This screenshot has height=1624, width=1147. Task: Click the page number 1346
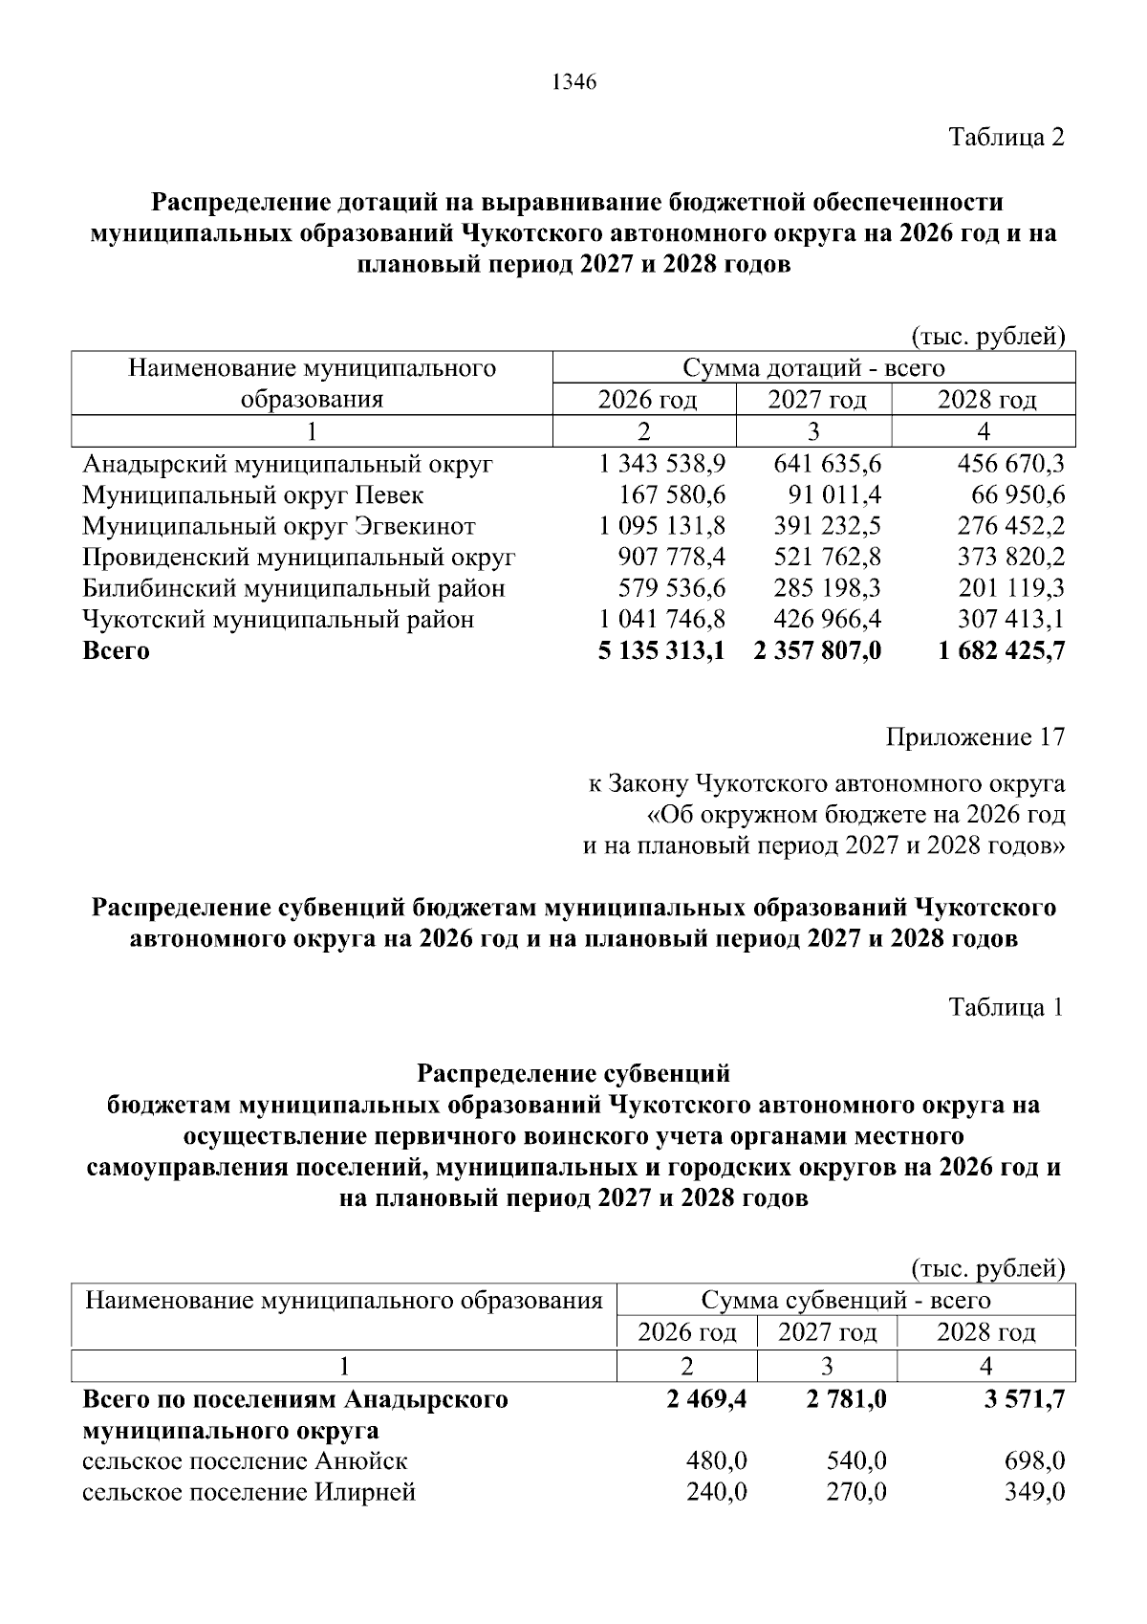[x=573, y=83]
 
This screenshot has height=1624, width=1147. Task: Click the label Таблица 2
[x=1006, y=137]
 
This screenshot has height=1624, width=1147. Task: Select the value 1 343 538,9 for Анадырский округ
[x=662, y=465]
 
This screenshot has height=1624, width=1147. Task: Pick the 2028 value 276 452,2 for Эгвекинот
[x=1011, y=526]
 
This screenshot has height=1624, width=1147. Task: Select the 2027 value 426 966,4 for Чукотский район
[x=827, y=620]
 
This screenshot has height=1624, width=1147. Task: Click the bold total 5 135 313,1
[x=660, y=651]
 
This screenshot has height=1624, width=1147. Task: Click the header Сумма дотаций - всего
[x=813, y=368]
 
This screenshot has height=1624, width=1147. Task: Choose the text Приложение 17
[x=975, y=736]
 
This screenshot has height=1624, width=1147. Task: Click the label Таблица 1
[x=1006, y=1007]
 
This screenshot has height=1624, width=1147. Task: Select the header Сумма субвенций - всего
[x=846, y=1300]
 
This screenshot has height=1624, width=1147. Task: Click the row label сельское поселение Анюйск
[x=245, y=1461]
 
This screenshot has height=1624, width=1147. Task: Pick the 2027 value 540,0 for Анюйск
[x=855, y=1461]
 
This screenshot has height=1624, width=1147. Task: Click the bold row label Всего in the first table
[x=117, y=651]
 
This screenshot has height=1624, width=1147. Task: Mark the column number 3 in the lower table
[x=827, y=1365]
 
